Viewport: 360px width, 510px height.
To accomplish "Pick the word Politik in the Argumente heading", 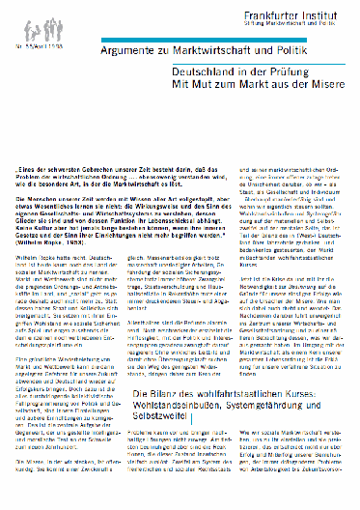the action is [x=286, y=46].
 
